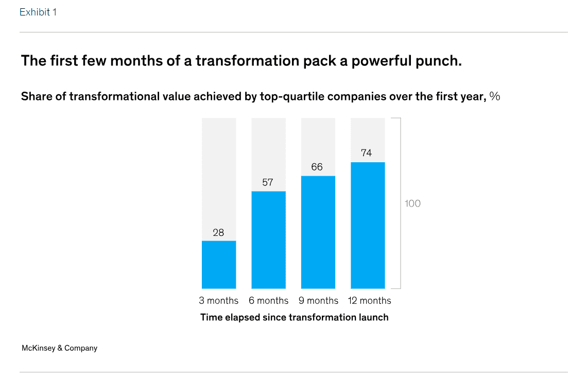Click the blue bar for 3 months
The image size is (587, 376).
tap(219, 264)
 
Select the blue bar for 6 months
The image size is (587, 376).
tap(268, 240)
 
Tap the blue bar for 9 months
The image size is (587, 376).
tap(318, 232)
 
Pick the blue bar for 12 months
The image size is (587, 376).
tap(368, 225)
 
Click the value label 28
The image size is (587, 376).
tap(218, 233)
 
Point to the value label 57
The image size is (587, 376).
tap(268, 182)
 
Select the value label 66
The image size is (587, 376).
tap(317, 167)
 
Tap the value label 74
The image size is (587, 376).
tap(366, 153)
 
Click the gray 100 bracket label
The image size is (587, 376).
tap(412, 203)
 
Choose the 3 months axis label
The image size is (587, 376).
tap(219, 300)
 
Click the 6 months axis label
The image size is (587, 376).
tap(268, 300)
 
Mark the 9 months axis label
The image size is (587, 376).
tap(318, 300)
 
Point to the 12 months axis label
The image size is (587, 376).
tap(370, 300)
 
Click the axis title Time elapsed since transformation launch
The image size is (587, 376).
tap(294, 317)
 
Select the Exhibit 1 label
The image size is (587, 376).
tap(38, 12)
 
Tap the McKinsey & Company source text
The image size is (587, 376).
tap(60, 348)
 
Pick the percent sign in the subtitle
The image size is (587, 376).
tap(494, 96)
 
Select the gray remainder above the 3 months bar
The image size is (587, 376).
tap(219, 179)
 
